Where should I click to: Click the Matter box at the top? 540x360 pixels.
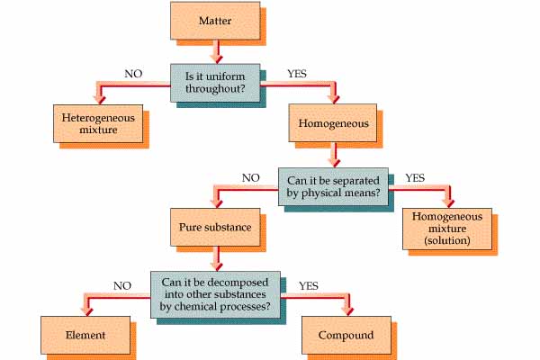click(215, 21)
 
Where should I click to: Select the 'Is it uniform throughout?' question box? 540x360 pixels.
click(215, 83)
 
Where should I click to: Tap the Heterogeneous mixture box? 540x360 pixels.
click(98, 123)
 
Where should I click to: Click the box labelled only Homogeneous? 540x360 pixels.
click(333, 123)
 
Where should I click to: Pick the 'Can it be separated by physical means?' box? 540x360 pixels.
click(333, 186)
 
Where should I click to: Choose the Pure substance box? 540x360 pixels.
click(215, 227)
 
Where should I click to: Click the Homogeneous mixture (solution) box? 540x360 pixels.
click(447, 229)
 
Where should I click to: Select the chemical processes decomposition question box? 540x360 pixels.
click(215, 294)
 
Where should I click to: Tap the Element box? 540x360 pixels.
click(85, 335)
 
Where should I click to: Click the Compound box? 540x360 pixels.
click(346, 335)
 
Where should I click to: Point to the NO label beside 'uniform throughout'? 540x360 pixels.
click(133, 74)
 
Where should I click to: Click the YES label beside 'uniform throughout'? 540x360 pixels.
click(297, 74)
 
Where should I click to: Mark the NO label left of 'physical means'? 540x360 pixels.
click(251, 178)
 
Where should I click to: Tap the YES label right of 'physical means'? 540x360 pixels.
click(415, 178)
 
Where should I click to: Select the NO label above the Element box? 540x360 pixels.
click(122, 286)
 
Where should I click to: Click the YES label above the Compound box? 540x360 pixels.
click(309, 286)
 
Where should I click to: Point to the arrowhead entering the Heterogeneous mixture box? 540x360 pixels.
click(100, 100)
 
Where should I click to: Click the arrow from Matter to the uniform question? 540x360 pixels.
click(217, 52)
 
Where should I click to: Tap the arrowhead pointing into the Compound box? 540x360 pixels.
click(349, 311)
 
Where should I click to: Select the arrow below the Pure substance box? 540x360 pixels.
click(217, 259)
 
